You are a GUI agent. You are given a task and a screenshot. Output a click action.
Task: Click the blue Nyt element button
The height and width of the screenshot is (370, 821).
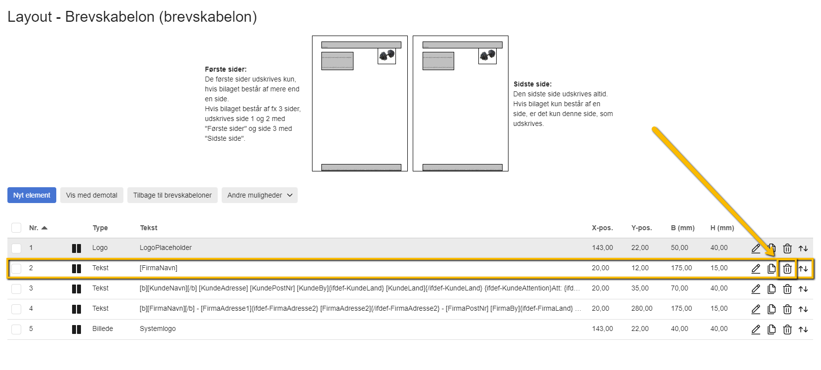click(x=32, y=195)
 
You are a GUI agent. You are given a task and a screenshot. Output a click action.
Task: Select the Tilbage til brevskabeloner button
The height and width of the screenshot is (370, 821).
click(x=172, y=195)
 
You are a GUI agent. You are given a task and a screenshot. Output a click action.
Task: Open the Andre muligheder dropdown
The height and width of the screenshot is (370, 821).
click(x=259, y=195)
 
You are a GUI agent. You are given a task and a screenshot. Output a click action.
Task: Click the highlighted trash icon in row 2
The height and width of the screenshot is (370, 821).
click(x=787, y=269)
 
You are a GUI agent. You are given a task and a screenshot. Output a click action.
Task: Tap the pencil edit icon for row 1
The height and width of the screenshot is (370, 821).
click(x=755, y=248)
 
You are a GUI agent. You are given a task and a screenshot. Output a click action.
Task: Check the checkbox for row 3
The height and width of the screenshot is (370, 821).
click(x=16, y=288)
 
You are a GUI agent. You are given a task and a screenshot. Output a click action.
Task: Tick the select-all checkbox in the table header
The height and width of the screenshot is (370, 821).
click(x=16, y=228)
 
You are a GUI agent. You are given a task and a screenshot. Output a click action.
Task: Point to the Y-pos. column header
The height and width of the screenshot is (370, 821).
click(x=641, y=228)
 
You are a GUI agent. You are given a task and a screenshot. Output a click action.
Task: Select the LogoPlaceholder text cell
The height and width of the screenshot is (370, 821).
click(x=165, y=247)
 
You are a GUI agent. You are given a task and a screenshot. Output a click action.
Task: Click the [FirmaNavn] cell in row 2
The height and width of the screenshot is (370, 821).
click(x=158, y=268)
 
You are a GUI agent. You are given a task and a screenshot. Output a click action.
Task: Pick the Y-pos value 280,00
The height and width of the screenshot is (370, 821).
click(x=641, y=308)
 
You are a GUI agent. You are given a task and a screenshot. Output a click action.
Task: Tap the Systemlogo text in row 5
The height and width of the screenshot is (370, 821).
click(x=157, y=329)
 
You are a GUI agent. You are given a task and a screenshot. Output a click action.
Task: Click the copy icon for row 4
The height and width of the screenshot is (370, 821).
click(x=771, y=309)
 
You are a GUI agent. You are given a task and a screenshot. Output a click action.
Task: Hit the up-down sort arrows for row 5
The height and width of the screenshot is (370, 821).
click(x=803, y=329)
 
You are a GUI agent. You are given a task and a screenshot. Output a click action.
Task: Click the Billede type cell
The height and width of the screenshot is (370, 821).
click(x=103, y=329)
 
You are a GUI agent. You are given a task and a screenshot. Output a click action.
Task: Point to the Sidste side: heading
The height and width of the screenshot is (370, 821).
click(x=532, y=84)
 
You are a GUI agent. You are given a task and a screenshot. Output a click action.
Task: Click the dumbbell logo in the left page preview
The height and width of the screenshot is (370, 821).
click(x=387, y=55)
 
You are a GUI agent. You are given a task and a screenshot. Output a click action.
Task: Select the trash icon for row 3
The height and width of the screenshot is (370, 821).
click(x=787, y=289)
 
